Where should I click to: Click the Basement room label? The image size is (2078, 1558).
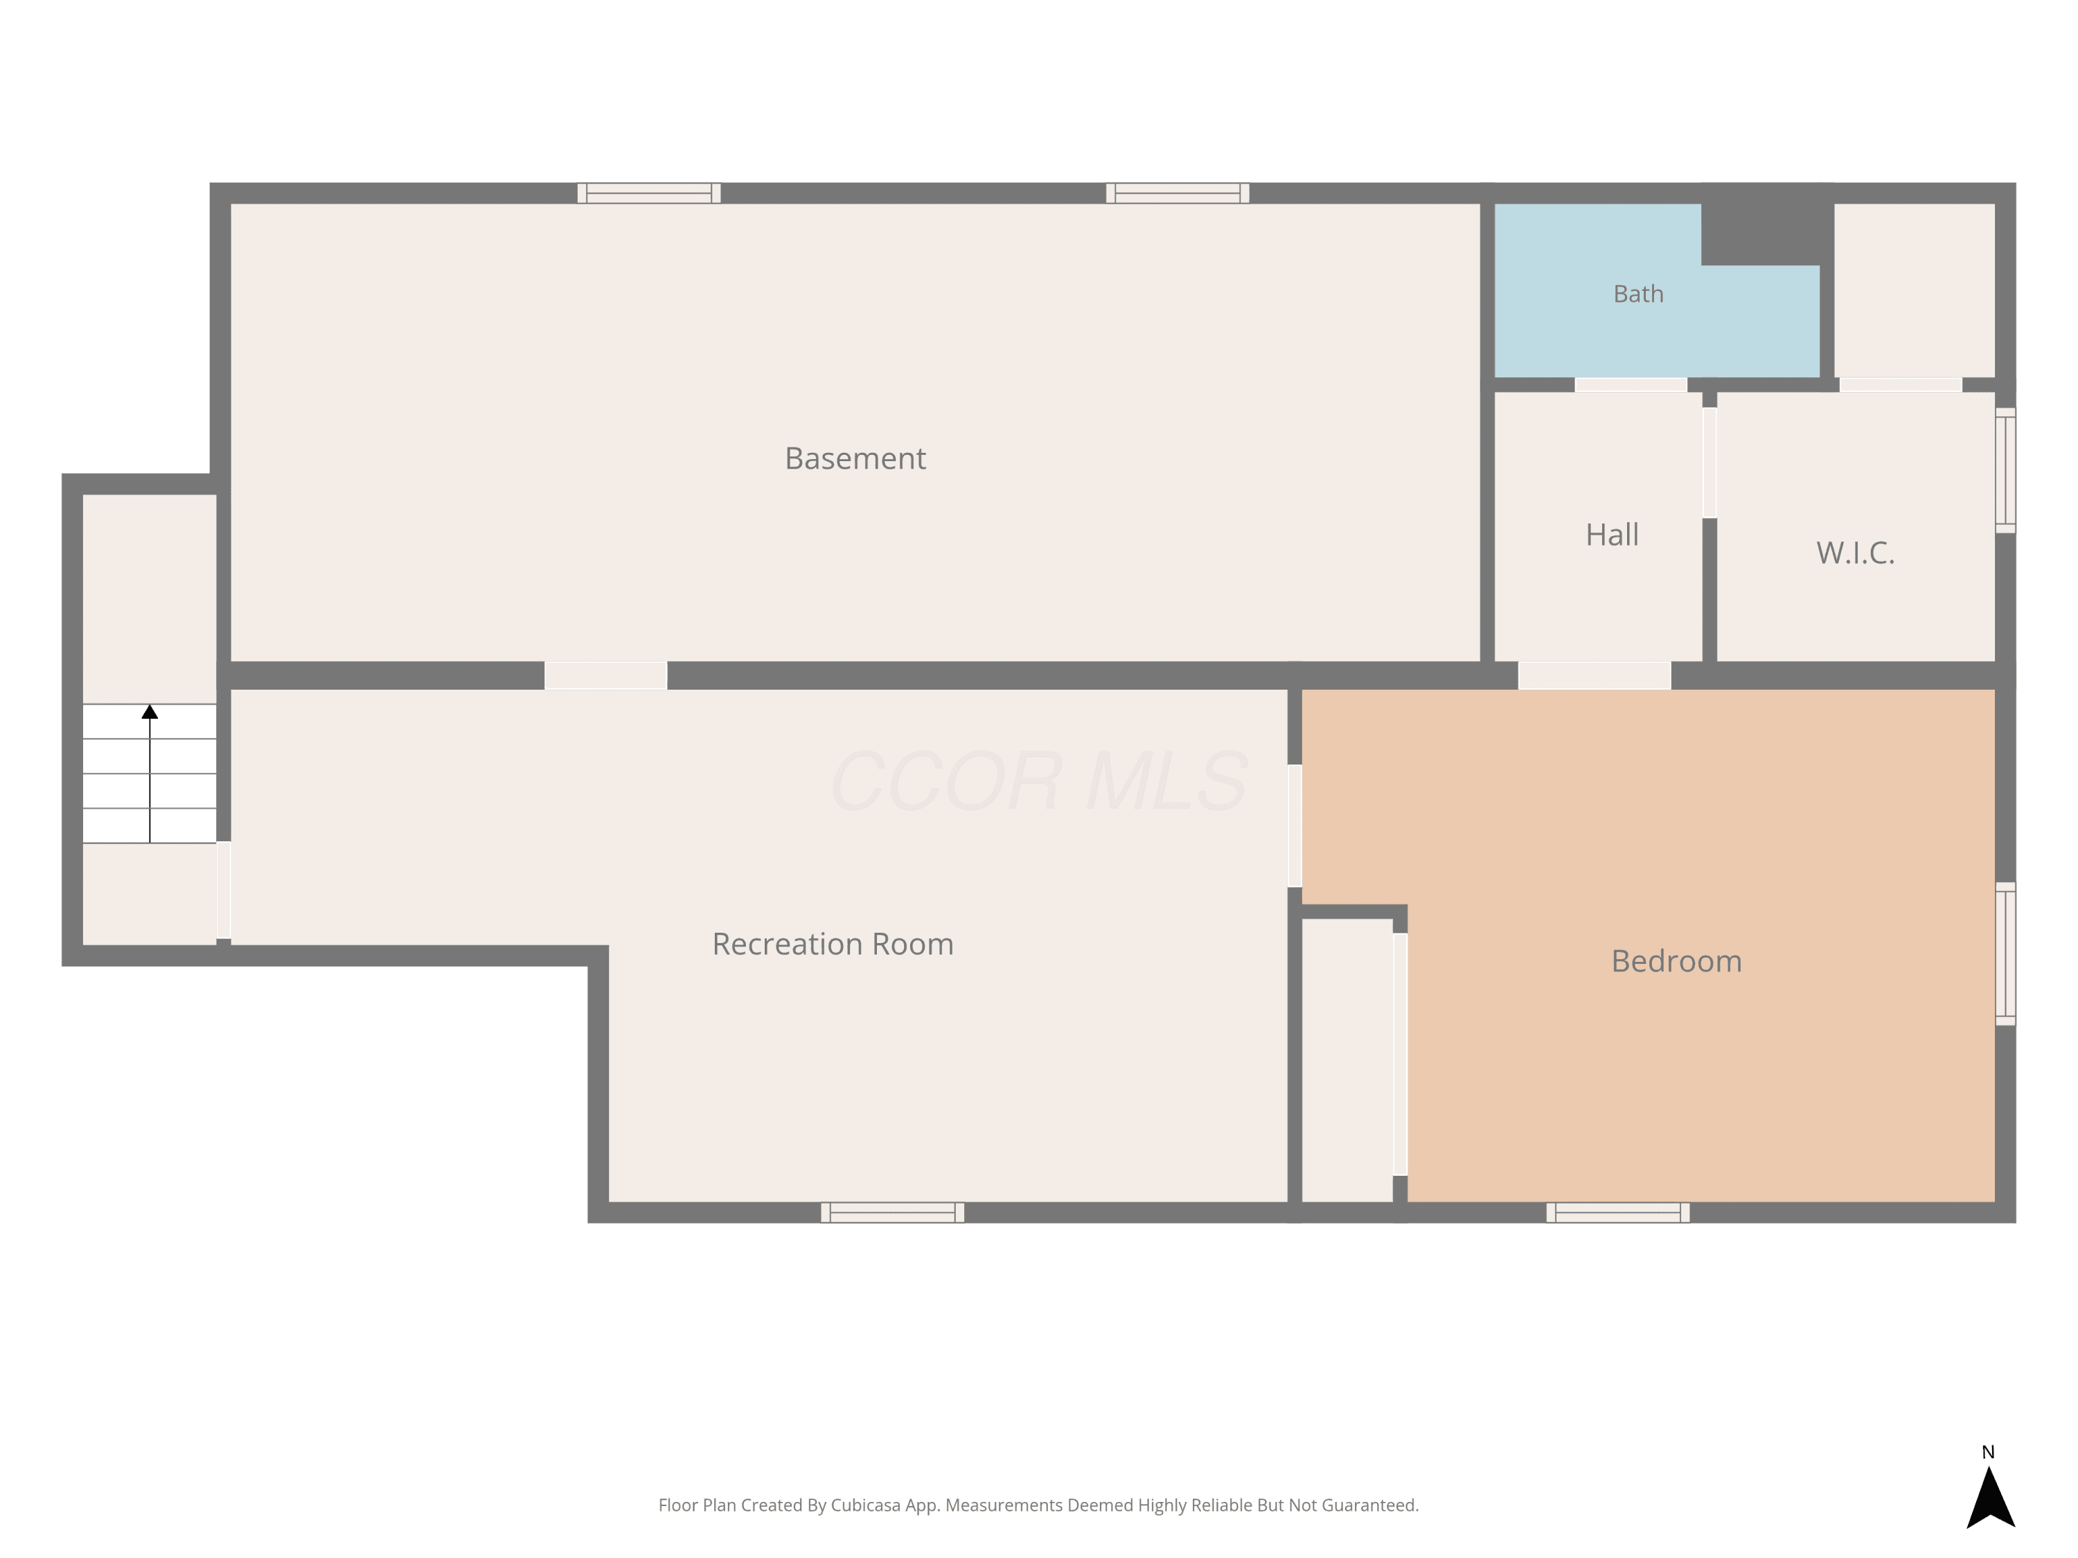click(855, 458)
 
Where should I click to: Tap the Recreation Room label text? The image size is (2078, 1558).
click(833, 944)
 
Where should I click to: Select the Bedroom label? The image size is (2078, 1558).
click(1676, 960)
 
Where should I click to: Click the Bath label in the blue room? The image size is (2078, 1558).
click(1638, 294)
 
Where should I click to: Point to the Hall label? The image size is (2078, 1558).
click(1612, 535)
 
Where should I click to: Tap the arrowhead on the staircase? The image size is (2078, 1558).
click(150, 712)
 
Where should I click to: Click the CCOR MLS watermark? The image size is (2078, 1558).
click(1039, 780)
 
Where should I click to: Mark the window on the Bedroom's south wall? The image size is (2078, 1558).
click(1617, 1212)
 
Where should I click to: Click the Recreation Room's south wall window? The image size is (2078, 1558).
click(892, 1212)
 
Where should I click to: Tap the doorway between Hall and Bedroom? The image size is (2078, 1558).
click(1595, 675)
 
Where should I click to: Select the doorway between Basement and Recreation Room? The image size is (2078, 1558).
click(606, 675)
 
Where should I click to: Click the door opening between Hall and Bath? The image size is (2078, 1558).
click(1631, 384)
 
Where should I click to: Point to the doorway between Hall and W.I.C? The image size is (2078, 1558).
click(1710, 462)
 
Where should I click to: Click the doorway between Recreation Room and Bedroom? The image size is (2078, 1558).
click(1295, 825)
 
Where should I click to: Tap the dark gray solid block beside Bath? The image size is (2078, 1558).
click(1767, 224)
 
